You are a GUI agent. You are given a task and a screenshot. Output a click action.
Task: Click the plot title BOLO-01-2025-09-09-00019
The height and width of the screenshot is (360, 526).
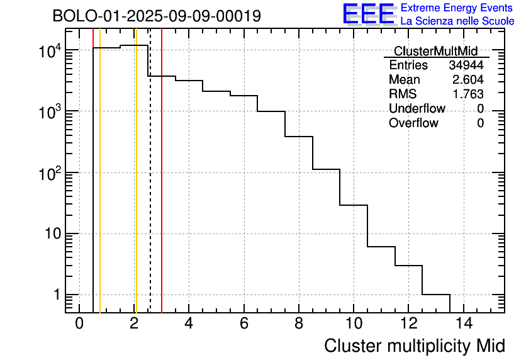[157, 16]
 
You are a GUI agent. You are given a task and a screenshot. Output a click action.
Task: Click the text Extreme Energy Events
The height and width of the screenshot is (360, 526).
[457, 8]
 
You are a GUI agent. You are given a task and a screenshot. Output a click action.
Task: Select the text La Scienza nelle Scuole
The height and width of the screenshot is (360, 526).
[457, 21]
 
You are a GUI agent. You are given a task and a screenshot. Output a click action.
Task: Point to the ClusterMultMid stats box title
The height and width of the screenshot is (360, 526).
[435, 51]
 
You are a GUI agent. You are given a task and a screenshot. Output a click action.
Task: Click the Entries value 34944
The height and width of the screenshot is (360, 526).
[466, 65]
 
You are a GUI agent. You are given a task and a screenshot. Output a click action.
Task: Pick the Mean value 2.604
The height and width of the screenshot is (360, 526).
[468, 80]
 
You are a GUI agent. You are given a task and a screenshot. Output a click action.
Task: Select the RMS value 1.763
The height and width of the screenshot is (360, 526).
[468, 94]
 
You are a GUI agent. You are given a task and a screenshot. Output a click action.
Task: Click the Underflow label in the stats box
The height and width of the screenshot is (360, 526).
[417, 109]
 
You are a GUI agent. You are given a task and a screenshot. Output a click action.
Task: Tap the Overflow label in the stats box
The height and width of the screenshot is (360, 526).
[413, 123]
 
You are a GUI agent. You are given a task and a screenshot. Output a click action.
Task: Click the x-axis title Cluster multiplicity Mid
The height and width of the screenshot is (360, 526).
[415, 346]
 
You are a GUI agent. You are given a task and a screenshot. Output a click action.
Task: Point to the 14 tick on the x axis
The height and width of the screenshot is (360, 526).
[464, 323]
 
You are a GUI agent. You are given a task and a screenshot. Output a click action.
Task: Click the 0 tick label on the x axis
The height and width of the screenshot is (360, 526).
[79, 323]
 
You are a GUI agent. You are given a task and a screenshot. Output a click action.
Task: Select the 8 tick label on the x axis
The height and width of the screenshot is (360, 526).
[299, 323]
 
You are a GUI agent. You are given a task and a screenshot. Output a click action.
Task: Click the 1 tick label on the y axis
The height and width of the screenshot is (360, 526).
[55, 295]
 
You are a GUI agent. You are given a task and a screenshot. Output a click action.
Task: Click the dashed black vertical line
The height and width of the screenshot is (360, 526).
[150, 189]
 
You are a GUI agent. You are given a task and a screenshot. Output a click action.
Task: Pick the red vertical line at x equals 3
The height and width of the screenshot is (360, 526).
[162, 189]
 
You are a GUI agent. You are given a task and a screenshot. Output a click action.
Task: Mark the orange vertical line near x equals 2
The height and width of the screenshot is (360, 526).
[136, 189]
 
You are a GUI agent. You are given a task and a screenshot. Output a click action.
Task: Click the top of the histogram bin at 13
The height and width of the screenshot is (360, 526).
[436, 294]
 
